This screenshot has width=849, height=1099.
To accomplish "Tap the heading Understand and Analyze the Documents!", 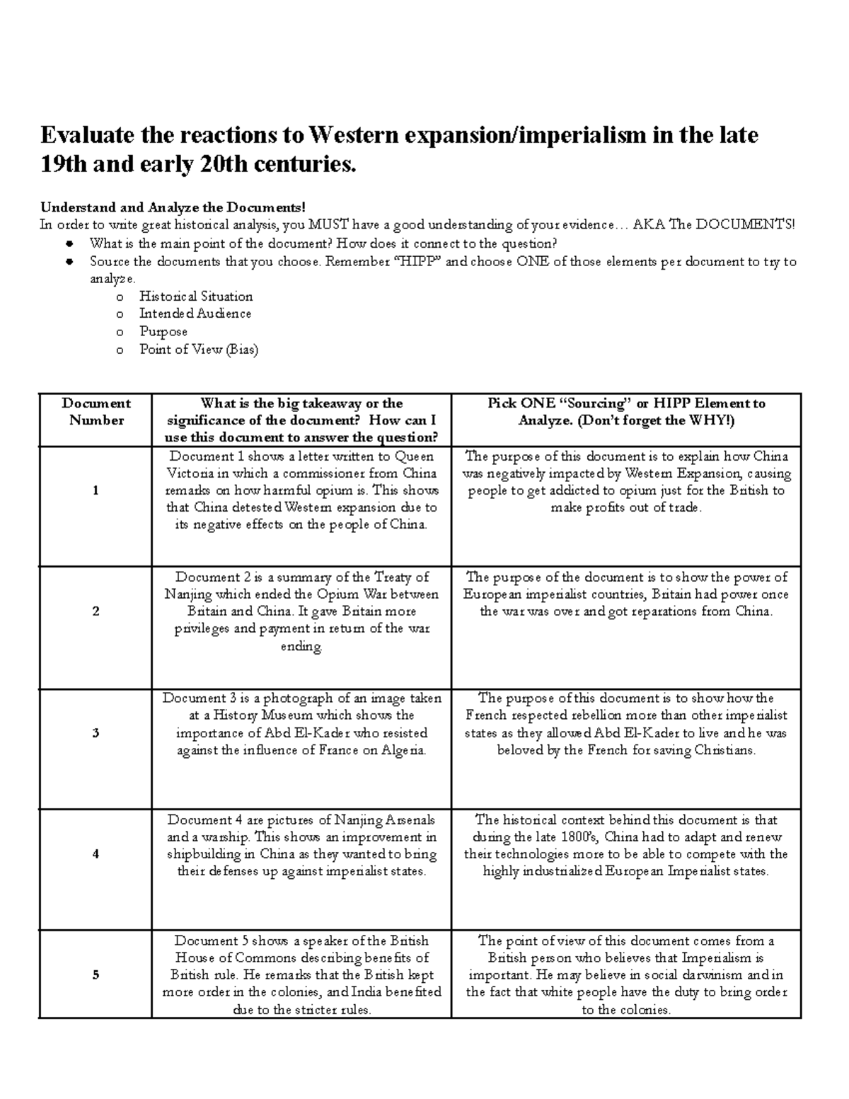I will pos(173,207).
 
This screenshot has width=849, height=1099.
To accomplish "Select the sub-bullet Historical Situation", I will pos(196,297).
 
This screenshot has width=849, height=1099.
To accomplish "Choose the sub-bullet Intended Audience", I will pos(195,313).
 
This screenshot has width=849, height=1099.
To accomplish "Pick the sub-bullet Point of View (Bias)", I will pos(199,350).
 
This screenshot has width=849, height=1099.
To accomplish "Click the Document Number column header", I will pos(96,412).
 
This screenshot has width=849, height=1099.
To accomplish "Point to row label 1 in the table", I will pos(95,490).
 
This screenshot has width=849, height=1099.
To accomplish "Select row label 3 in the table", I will pos(95,733).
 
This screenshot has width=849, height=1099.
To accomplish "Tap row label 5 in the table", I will pos(95,975).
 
